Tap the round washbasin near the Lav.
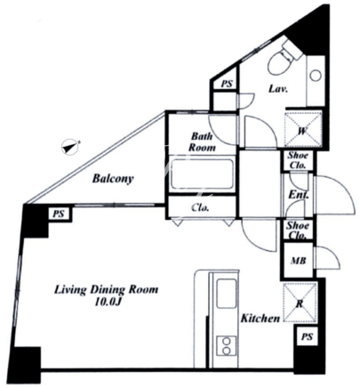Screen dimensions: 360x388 (x=316, y=75)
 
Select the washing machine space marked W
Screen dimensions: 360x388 (x=303, y=129)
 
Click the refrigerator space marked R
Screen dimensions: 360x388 (x=300, y=303)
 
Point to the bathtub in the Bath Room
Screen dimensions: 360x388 (x=203, y=174)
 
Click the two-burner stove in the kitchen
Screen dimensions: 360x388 (x=227, y=345)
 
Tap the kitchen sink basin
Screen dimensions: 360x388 (x=227, y=293)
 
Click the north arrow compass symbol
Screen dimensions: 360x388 (x=70, y=147)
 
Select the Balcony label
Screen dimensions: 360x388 (x=113, y=179)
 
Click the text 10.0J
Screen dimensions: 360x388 (x=108, y=302)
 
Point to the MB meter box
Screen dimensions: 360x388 (x=298, y=261)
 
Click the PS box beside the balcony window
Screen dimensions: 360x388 (x=60, y=214)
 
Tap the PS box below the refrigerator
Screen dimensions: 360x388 (x=307, y=337)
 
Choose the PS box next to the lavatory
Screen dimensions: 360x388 (x=227, y=84)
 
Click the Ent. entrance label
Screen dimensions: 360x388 (x=299, y=195)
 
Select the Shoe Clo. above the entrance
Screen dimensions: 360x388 (x=298, y=160)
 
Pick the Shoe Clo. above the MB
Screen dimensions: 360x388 (x=297, y=230)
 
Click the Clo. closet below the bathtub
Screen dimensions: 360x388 (x=200, y=207)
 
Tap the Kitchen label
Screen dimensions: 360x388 (x=260, y=319)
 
